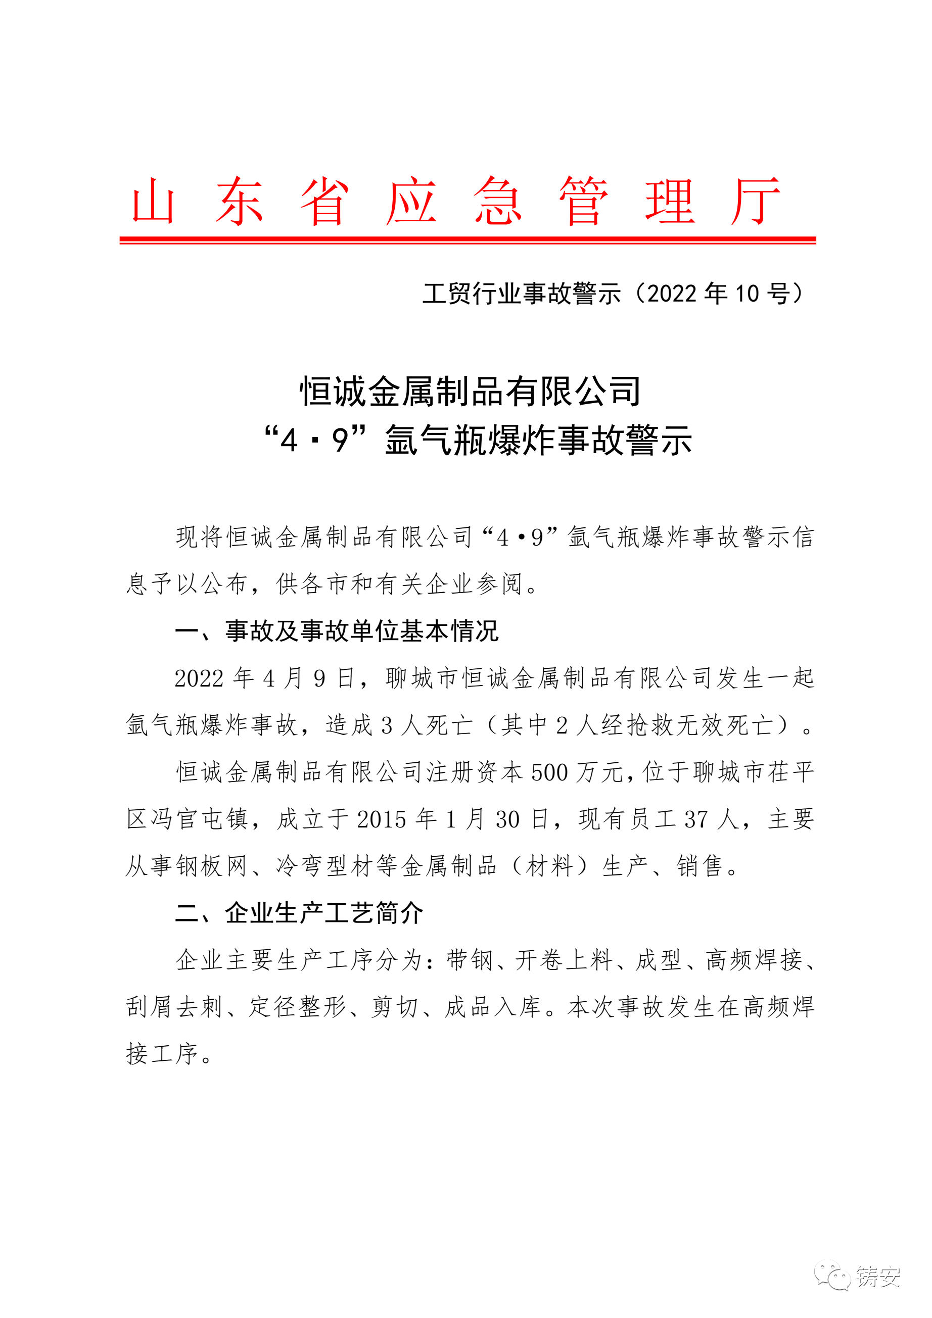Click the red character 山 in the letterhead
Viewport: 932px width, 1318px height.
pos(153,201)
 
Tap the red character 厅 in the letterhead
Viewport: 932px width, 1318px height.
pos(755,201)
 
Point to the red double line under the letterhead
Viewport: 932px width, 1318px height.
pos(468,240)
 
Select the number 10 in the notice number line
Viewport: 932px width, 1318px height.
pos(747,294)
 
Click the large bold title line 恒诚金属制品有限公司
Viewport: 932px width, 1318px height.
pos(470,392)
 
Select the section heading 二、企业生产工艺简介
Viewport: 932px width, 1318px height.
pos(299,913)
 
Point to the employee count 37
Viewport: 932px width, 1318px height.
pos(696,820)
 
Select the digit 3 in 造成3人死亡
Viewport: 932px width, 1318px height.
pos(387,725)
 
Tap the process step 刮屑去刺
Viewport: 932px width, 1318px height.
pos(174,1007)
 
